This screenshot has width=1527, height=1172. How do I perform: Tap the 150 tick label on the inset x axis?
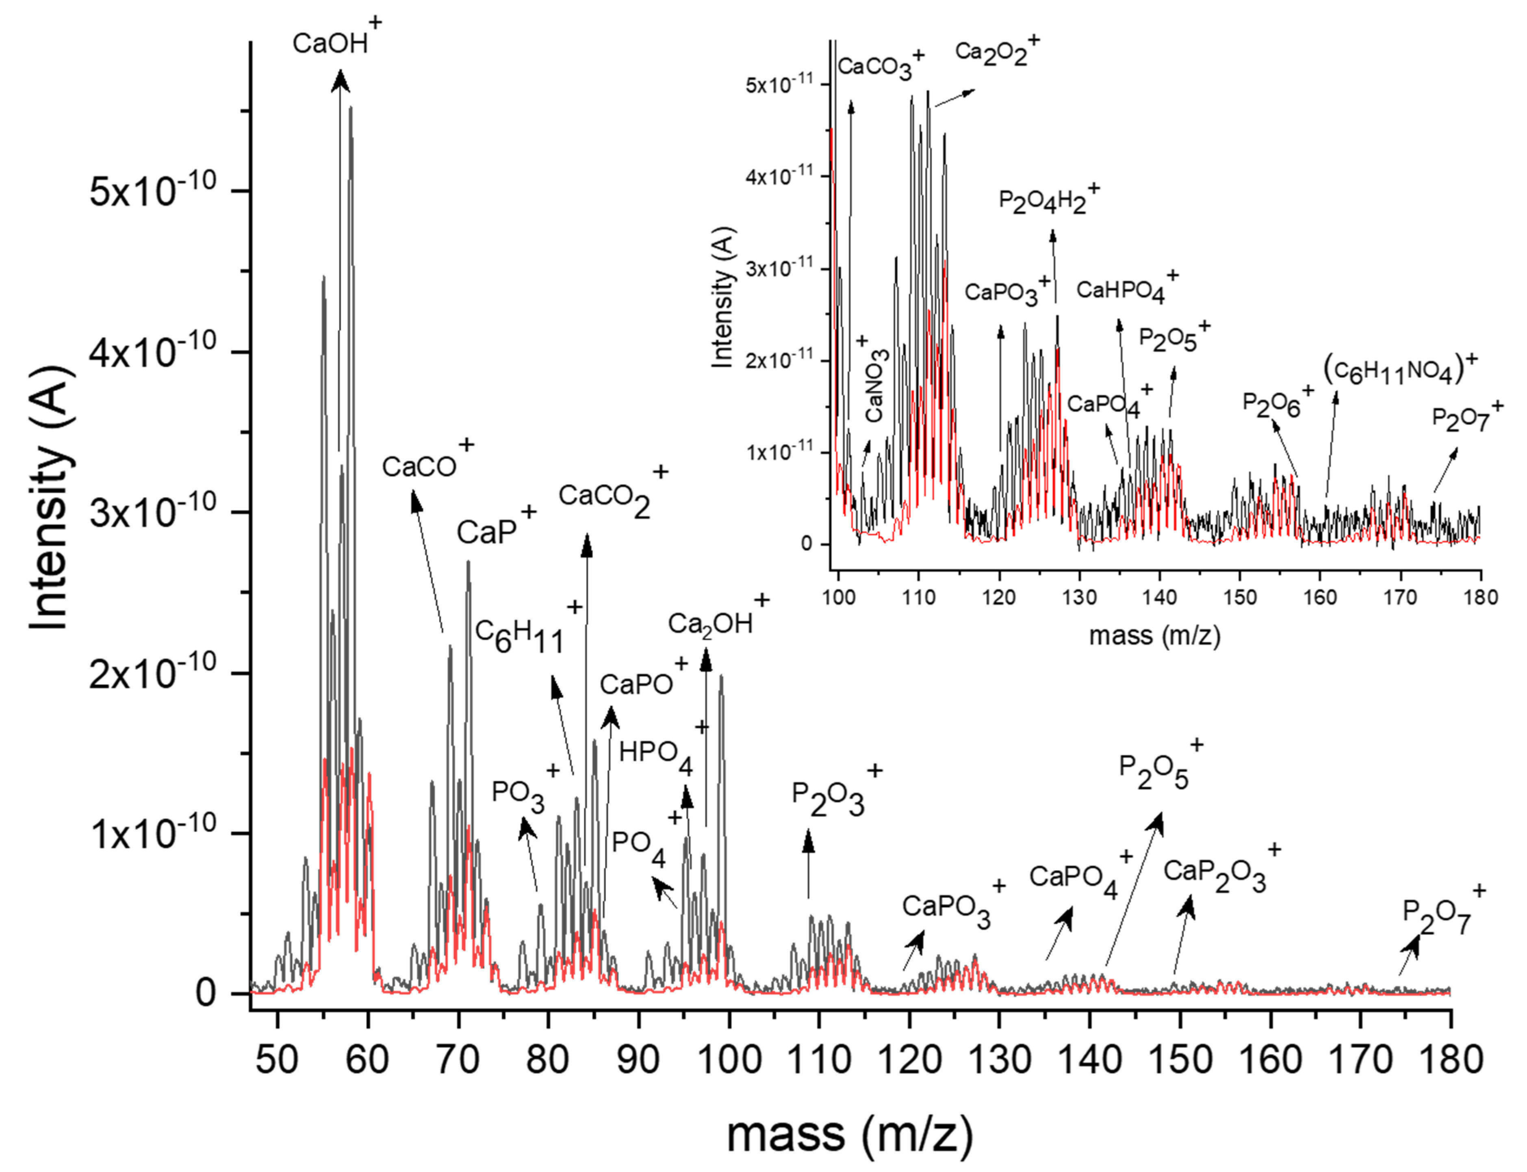coord(1240,597)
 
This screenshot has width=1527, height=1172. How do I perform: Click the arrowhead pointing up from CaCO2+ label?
coord(587,544)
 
